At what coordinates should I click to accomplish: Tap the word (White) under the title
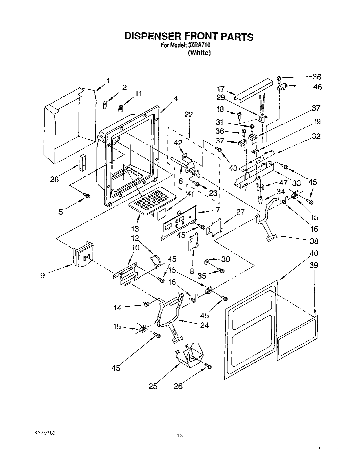point(199,53)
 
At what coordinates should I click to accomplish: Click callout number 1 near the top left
point(108,81)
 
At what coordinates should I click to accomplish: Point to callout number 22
point(189,114)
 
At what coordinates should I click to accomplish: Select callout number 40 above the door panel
point(313,253)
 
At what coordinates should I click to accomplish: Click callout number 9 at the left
point(43,276)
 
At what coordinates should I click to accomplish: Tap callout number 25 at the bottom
point(153,386)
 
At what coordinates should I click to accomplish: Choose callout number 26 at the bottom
point(178,386)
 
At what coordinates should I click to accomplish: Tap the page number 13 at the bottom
point(180,435)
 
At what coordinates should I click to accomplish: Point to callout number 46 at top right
point(317,87)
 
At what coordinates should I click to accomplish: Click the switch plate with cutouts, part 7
point(178,224)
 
